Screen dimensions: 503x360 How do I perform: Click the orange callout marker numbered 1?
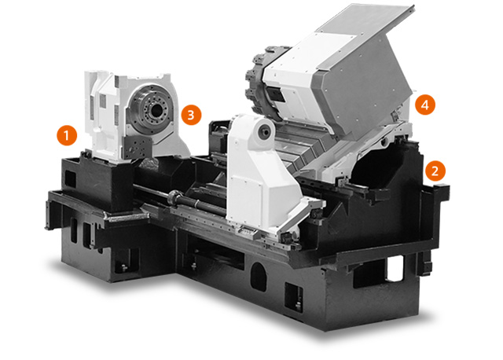(67, 135)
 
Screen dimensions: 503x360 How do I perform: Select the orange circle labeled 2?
(435, 171)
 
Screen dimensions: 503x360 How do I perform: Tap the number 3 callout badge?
(191, 115)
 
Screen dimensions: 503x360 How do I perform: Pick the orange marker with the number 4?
(425, 105)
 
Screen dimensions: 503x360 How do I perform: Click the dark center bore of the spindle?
(156, 111)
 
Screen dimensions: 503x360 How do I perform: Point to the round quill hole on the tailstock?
(265, 131)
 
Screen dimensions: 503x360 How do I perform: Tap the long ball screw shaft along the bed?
(180, 196)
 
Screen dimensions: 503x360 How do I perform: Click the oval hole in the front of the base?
(259, 277)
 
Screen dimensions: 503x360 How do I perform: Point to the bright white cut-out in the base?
(395, 268)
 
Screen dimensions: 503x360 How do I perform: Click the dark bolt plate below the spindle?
(138, 147)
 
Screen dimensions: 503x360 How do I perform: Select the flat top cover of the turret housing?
(365, 20)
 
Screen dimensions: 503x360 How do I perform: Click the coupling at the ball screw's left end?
(174, 196)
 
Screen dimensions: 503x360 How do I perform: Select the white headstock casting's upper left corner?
(86, 72)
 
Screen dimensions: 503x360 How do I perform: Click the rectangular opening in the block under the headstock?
(71, 180)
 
